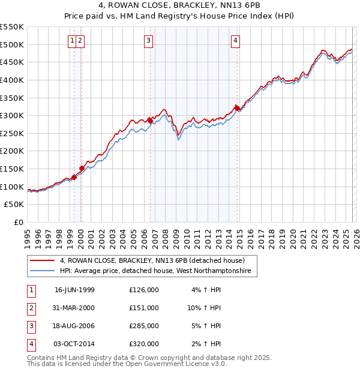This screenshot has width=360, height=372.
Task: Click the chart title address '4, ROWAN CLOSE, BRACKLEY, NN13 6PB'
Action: click(179, 7)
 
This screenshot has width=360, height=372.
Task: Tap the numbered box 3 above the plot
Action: click(148, 41)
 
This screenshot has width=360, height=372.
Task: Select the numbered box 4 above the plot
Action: click(236, 41)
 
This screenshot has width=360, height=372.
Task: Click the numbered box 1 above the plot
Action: click(72, 41)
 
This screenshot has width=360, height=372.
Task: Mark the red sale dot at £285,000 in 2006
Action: click(150, 121)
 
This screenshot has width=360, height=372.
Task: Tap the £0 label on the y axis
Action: click(18, 222)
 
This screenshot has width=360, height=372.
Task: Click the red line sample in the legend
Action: click(43, 261)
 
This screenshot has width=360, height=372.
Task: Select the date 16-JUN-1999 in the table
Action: click(74, 290)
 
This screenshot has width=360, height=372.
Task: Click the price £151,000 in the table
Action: click(144, 308)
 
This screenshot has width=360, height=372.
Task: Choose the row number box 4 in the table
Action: click(31, 344)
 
